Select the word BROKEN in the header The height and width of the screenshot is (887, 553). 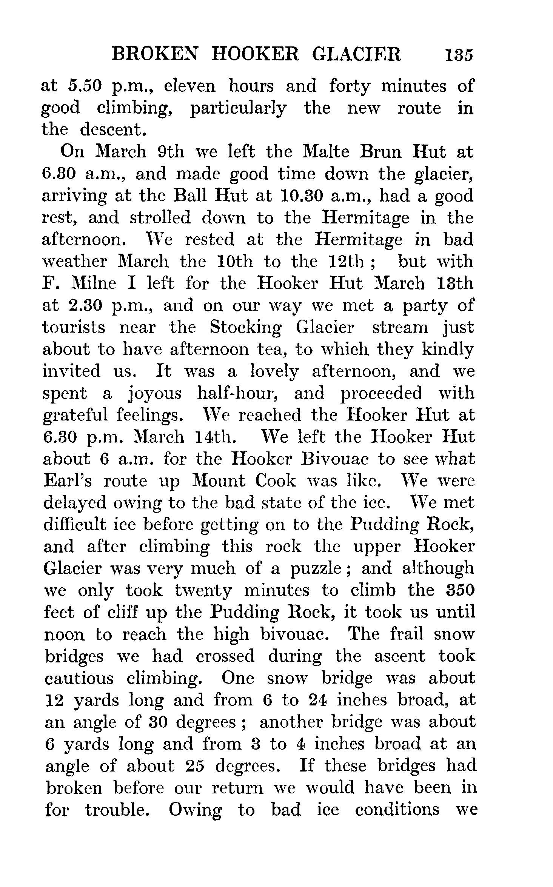pos(154,55)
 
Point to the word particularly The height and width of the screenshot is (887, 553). pos(238,109)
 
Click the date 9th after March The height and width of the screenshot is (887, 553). pos(170,152)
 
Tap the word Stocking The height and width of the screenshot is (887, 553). pos(245,328)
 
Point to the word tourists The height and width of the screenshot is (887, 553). pos(74,328)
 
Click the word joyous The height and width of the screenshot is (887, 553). pos(155,394)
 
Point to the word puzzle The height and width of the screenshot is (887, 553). pos(316,569)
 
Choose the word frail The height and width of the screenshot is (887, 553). pos(406,634)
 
